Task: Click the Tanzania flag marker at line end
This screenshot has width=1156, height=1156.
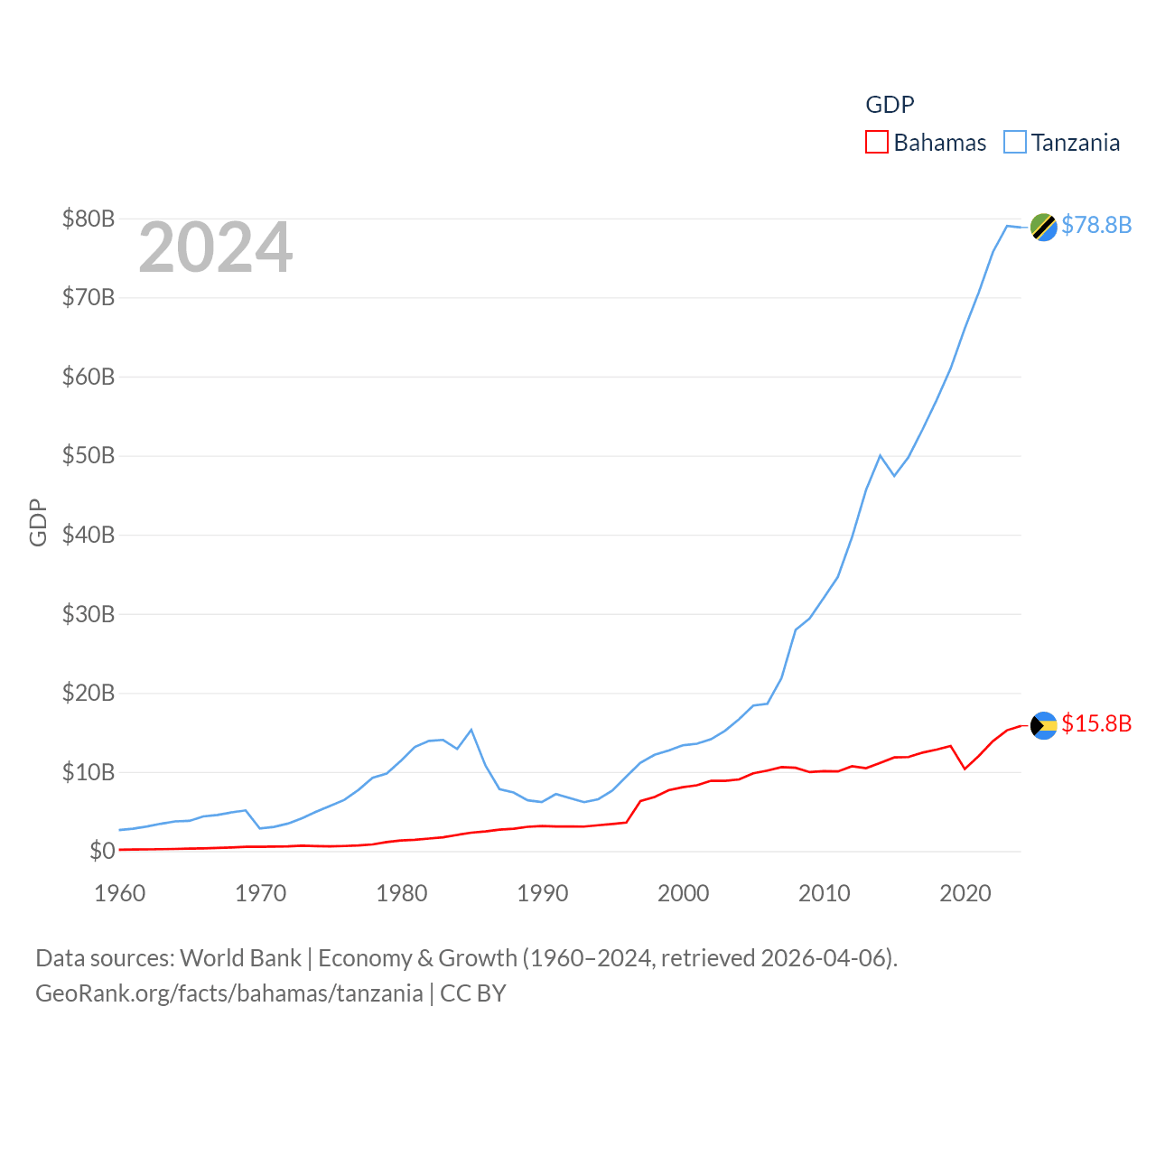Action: coord(1043,227)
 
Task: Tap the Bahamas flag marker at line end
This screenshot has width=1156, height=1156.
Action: coord(1043,725)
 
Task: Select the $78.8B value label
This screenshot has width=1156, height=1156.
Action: coord(1096,225)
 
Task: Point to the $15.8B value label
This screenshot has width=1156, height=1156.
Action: coord(1096,723)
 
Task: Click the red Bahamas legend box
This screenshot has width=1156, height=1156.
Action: coord(876,143)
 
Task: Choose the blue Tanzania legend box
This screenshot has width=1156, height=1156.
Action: coord(1015,143)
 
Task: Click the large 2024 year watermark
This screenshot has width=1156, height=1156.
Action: coord(215,247)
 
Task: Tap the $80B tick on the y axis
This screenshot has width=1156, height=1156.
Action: coord(89,219)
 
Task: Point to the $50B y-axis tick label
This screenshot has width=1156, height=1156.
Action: coord(89,455)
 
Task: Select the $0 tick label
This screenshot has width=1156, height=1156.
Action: coord(102,851)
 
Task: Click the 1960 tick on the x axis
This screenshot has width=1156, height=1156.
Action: coord(120,893)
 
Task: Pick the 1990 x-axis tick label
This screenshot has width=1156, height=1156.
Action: coord(543,893)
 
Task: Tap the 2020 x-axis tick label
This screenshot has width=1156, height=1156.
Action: coord(965,893)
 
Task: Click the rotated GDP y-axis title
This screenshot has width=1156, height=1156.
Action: coord(38,522)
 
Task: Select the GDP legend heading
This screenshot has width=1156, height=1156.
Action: coord(890,105)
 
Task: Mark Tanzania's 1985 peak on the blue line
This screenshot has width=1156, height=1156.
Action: coord(471,730)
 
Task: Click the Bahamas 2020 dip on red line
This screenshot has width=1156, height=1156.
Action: coord(965,769)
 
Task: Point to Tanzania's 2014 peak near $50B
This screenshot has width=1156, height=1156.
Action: coord(881,455)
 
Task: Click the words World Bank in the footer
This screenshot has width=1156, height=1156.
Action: coord(240,957)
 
